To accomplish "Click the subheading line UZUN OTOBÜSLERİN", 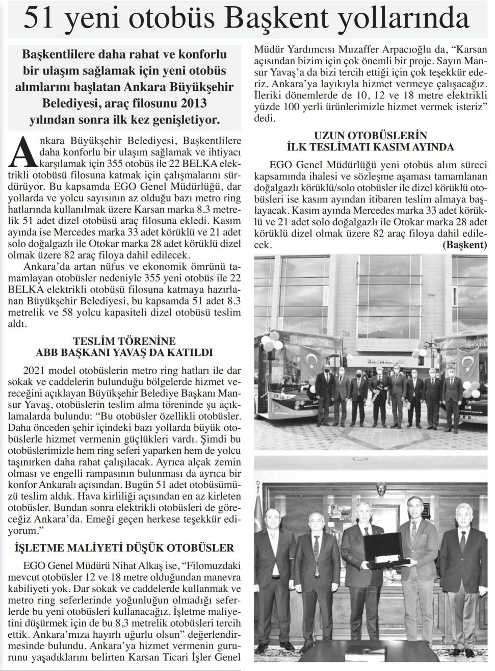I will click(x=371, y=136).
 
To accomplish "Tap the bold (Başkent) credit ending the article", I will click(x=465, y=245).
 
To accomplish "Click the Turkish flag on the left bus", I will click(x=310, y=359).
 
